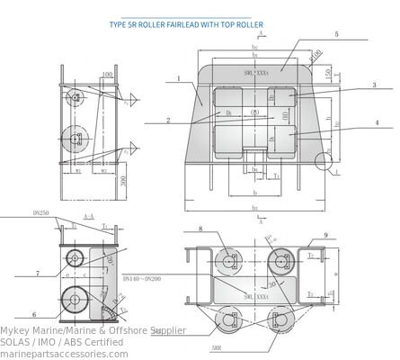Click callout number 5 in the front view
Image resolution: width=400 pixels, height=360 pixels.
(x=336, y=34)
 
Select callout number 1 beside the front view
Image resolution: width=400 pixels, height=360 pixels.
(x=179, y=79)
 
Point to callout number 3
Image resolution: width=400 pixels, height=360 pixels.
(x=374, y=85)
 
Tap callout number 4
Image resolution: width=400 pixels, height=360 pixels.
(x=376, y=122)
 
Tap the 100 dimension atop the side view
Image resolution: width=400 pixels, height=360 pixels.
(x=107, y=75)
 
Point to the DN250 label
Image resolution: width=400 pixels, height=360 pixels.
(x=40, y=213)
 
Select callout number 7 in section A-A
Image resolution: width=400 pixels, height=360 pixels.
(x=39, y=273)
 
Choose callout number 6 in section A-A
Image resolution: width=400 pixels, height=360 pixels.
(x=34, y=315)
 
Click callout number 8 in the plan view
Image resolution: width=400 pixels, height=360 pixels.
(x=200, y=229)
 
